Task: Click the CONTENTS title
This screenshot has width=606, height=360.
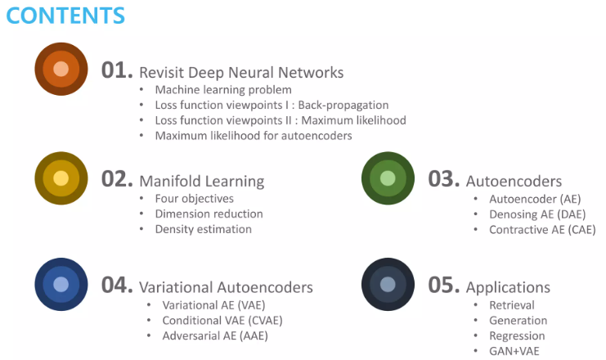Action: click(64, 15)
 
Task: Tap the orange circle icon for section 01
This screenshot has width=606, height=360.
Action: click(61, 69)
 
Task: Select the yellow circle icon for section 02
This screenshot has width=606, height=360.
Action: click(61, 178)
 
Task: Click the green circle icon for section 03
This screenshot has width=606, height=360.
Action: click(388, 178)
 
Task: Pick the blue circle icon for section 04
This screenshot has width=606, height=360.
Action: click(61, 285)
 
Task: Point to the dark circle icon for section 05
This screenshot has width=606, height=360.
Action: click(388, 285)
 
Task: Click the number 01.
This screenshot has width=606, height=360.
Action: click(116, 71)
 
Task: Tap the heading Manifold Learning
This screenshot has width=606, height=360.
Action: click(201, 180)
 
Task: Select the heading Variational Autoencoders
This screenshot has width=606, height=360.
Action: click(226, 287)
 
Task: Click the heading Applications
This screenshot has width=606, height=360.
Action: click(508, 287)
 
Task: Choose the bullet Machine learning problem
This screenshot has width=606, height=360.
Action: click(223, 90)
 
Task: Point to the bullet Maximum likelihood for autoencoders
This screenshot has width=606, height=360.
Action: click(254, 136)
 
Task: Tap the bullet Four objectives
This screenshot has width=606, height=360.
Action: click(194, 199)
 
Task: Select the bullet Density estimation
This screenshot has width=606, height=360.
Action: click(204, 229)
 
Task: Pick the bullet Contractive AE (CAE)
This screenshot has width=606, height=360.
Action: click(542, 230)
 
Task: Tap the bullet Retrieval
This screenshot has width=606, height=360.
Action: click(512, 305)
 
